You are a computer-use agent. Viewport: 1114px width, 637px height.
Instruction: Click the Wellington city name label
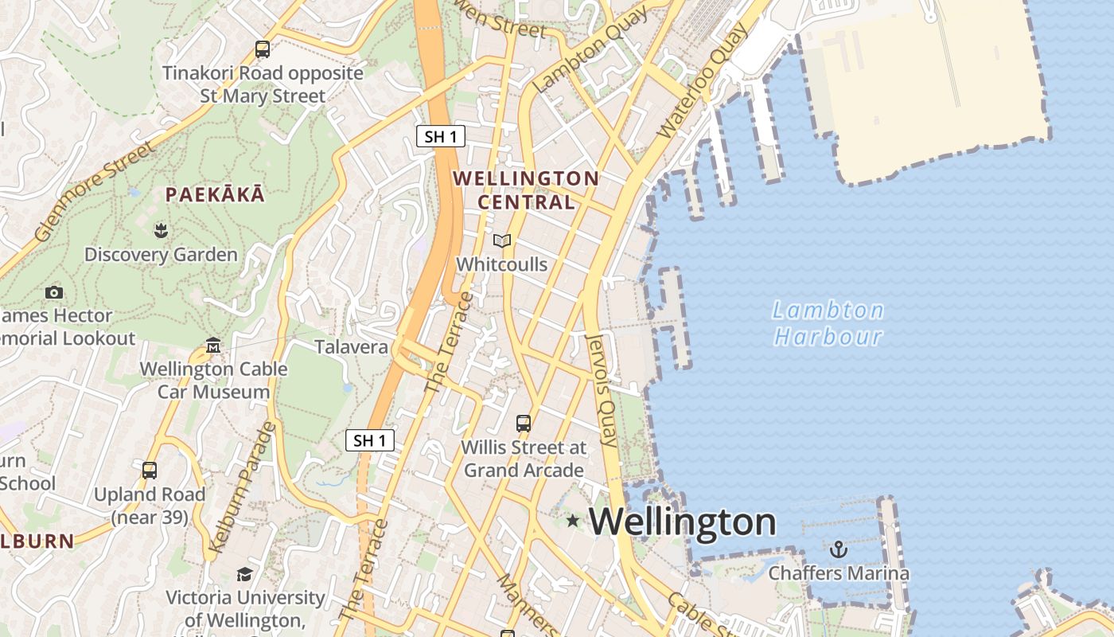click(682, 522)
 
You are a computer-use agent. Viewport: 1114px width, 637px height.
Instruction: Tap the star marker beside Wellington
click(572, 521)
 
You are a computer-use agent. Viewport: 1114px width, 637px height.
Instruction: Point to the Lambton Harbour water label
click(828, 322)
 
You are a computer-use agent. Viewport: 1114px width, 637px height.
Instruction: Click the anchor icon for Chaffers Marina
click(838, 549)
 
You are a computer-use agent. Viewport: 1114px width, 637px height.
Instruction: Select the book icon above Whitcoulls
click(501, 240)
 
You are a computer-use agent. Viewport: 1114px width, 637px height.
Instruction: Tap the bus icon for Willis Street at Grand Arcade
click(524, 424)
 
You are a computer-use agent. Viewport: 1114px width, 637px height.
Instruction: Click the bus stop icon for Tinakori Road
click(263, 49)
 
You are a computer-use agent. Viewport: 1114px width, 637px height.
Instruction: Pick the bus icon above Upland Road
click(150, 470)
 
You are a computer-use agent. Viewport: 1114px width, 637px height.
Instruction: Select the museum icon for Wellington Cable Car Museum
click(213, 346)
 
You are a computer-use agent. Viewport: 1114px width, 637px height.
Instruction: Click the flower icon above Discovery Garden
click(161, 231)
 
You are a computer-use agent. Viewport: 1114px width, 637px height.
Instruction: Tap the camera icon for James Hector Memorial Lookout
click(54, 292)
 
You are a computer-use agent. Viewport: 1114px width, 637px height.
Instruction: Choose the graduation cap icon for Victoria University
click(245, 574)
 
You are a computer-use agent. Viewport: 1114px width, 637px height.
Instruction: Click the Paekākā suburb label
click(215, 194)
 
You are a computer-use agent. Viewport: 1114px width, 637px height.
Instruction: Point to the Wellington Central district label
click(526, 190)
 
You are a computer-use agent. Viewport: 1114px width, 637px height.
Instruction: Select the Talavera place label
click(351, 347)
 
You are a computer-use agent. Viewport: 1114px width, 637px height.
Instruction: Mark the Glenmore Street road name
click(94, 191)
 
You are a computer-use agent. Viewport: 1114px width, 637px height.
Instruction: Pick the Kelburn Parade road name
click(241, 488)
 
